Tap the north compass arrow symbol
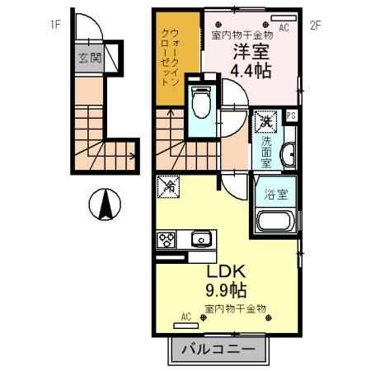(106, 205)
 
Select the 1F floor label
(55, 25)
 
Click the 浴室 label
(275, 197)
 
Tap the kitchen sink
(201, 240)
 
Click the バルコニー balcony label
(220, 350)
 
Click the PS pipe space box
(291, 116)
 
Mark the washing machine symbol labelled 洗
(265, 120)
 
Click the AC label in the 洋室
(283, 26)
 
